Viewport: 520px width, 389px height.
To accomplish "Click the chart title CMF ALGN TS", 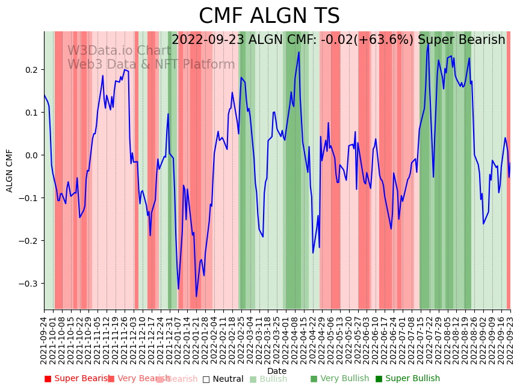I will click(269, 16).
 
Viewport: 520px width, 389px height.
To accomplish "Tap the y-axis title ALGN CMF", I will click(10, 170).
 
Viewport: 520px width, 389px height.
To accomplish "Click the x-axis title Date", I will click(277, 371).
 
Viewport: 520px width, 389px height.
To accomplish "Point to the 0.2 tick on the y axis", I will click(31, 70).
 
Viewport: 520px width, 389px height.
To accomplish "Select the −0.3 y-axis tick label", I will click(29, 284).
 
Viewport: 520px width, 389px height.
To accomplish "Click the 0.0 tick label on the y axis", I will click(31, 155).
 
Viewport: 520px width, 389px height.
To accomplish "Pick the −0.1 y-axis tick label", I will click(29, 198).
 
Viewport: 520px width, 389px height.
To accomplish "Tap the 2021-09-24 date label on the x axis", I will click(44, 340).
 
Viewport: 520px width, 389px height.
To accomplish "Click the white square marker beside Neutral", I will click(206, 379).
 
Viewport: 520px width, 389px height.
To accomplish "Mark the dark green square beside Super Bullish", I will click(379, 379).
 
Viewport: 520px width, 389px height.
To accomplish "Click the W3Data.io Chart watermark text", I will click(119, 51).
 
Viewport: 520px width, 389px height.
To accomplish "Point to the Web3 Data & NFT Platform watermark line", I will click(151, 64).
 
